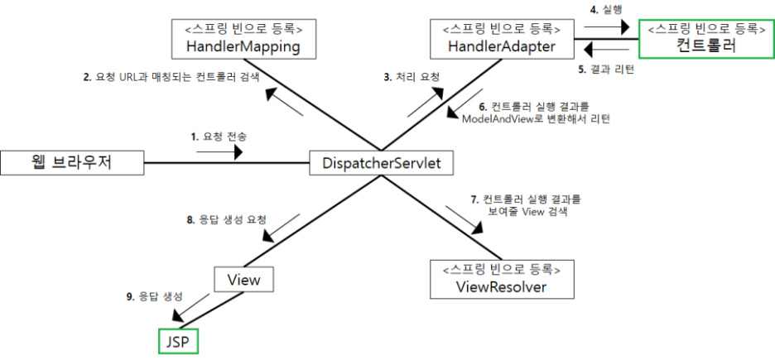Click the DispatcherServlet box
(381, 163)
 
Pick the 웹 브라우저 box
(72, 163)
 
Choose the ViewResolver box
(501, 279)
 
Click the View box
(243, 280)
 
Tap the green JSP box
(179, 340)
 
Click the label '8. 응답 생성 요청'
(227, 220)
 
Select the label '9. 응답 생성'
(156, 295)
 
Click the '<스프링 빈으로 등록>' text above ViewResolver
(501, 269)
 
